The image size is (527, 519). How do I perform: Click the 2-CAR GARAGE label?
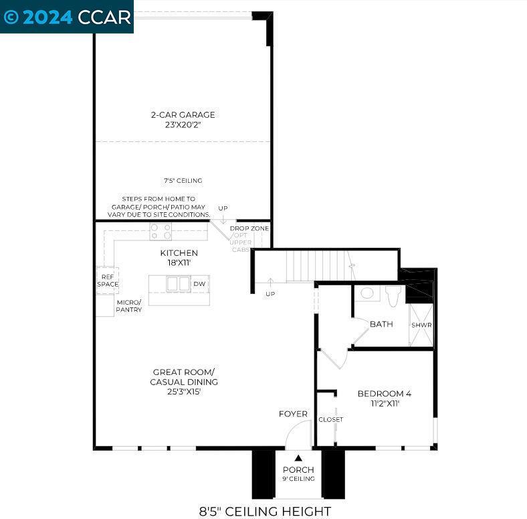coord(183,115)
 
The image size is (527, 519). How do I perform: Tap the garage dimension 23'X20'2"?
coord(183,125)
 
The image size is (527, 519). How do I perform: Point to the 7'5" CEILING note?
coord(183,181)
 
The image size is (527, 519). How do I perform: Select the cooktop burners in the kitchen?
coord(161,232)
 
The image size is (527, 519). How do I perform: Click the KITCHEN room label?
coord(179,252)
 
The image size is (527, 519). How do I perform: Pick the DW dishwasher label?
coord(199,284)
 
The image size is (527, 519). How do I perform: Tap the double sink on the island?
coord(179,284)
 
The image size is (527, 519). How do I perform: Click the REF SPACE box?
coord(108,281)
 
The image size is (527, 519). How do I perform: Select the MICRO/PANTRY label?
coord(128,306)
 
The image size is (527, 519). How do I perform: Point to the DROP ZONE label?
coord(249,228)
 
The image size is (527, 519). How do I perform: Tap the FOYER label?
coord(293,414)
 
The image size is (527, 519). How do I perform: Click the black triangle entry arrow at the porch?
coord(298,458)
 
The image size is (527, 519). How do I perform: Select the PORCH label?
coord(298,469)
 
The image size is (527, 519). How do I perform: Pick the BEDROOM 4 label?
coord(385,394)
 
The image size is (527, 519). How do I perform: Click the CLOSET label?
coord(331,419)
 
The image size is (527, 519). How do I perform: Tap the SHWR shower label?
coord(421,325)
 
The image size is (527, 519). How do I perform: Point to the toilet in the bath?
coord(393,296)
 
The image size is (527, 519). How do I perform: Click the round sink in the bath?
coord(367,293)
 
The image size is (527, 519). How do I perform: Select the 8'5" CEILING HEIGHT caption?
coord(266,512)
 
